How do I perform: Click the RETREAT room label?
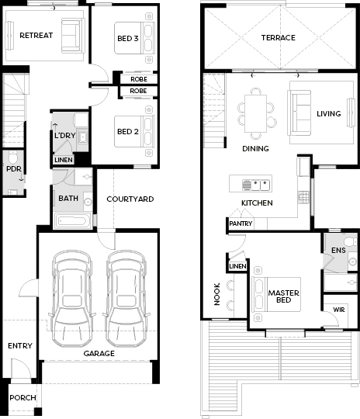click(36, 35)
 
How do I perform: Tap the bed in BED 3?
click(135, 38)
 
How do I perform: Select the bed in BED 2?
click(135, 131)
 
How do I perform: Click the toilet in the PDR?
click(13, 157)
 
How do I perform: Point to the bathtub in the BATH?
click(72, 220)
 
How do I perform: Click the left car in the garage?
click(72, 299)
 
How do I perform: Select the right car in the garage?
click(126, 299)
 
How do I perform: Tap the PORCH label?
click(22, 397)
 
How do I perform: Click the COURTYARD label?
click(130, 199)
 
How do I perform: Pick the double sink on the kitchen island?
click(256, 185)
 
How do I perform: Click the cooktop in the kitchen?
click(303, 197)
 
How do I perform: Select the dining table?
click(255, 113)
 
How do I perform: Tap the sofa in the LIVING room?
click(299, 113)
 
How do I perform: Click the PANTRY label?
click(241, 223)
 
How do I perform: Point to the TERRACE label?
click(279, 38)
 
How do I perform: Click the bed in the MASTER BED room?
click(276, 294)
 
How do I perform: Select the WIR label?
click(339, 310)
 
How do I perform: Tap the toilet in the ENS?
click(351, 242)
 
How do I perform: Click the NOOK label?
click(217, 294)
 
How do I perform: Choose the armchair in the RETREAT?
click(71, 35)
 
